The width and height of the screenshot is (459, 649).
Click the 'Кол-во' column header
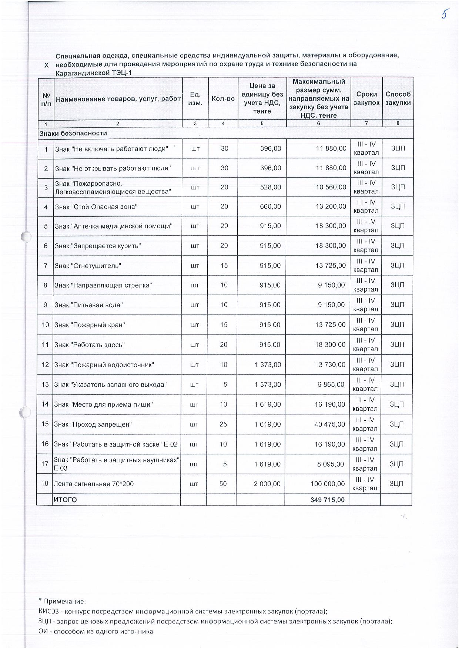coord(223,99)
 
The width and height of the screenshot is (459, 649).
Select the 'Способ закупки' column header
coord(398,98)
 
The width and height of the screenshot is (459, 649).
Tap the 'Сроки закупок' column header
coord(366,98)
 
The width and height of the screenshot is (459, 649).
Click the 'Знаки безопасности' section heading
coord(73,133)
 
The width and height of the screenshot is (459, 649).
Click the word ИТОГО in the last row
coord(66,500)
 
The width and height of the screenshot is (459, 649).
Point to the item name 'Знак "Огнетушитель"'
coord(88,266)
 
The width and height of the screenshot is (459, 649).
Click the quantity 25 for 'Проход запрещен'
coord(223,424)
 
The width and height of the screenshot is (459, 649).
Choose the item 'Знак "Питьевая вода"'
coord(88,305)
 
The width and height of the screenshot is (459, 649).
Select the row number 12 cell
coord(45,364)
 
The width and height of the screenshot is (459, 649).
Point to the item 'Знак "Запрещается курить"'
coord(98,246)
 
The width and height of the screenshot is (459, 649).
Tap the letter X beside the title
coord(46,65)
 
